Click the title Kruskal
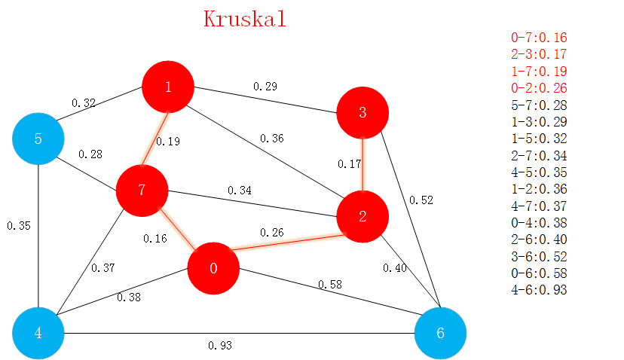click(x=245, y=19)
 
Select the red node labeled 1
click(x=169, y=87)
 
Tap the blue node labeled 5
click(x=38, y=139)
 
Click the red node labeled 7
click(x=142, y=189)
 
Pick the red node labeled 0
click(x=213, y=269)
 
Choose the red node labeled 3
click(x=362, y=113)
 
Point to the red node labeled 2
click(x=362, y=217)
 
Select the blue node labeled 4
click(x=38, y=332)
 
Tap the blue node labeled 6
click(x=441, y=332)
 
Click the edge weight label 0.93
click(x=220, y=346)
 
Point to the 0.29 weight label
click(x=265, y=87)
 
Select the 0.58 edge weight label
click(x=330, y=284)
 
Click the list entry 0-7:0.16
click(x=539, y=38)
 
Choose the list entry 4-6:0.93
click(x=539, y=290)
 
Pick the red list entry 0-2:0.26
click(x=539, y=88)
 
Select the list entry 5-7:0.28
click(x=539, y=105)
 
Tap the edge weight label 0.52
click(x=421, y=200)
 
